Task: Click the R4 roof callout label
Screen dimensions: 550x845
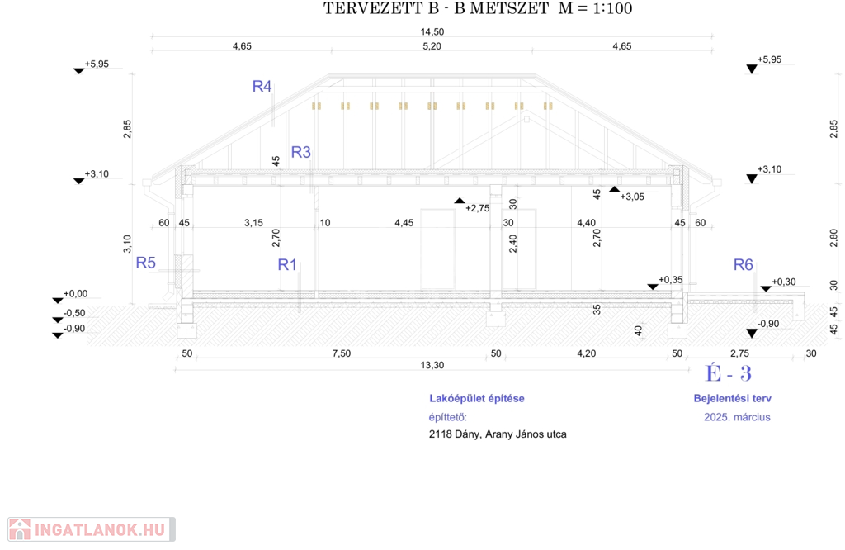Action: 262,86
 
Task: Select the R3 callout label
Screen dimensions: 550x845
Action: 300,152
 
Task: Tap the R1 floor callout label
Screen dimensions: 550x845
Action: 287,264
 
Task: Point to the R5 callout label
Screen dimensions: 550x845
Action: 146,263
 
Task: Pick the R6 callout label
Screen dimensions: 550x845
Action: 744,264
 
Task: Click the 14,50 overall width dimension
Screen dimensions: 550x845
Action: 432,31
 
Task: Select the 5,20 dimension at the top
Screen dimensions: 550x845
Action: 432,46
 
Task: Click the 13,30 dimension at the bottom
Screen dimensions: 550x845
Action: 432,365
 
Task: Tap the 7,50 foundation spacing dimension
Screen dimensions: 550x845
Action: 341,353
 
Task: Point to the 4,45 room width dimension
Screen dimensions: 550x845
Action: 404,223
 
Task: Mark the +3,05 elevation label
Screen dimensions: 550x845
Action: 632,197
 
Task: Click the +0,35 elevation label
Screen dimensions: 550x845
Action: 671,280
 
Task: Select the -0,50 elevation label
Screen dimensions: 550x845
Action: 75,313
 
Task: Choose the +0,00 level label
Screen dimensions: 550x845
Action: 75,294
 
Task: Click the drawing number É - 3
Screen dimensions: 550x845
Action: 729,373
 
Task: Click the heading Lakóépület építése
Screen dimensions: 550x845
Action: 477,398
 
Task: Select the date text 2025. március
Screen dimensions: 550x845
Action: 737,417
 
